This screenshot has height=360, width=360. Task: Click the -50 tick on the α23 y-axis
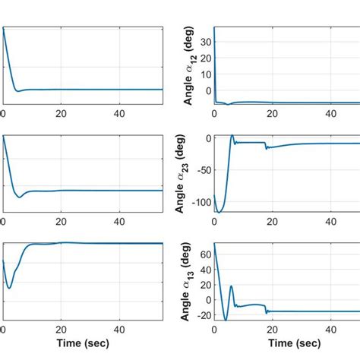(x=201, y=172)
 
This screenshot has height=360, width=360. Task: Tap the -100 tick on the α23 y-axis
(x=199, y=202)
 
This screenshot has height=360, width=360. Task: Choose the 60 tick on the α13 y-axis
(x=204, y=254)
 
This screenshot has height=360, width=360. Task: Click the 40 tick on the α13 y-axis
(x=204, y=270)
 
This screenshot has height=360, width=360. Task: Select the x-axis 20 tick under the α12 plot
(x=272, y=113)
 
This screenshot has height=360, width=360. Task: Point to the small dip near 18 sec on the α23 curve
(x=267, y=148)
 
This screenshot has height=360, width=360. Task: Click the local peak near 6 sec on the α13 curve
(x=232, y=286)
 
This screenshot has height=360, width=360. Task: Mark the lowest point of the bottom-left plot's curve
(x=9, y=287)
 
